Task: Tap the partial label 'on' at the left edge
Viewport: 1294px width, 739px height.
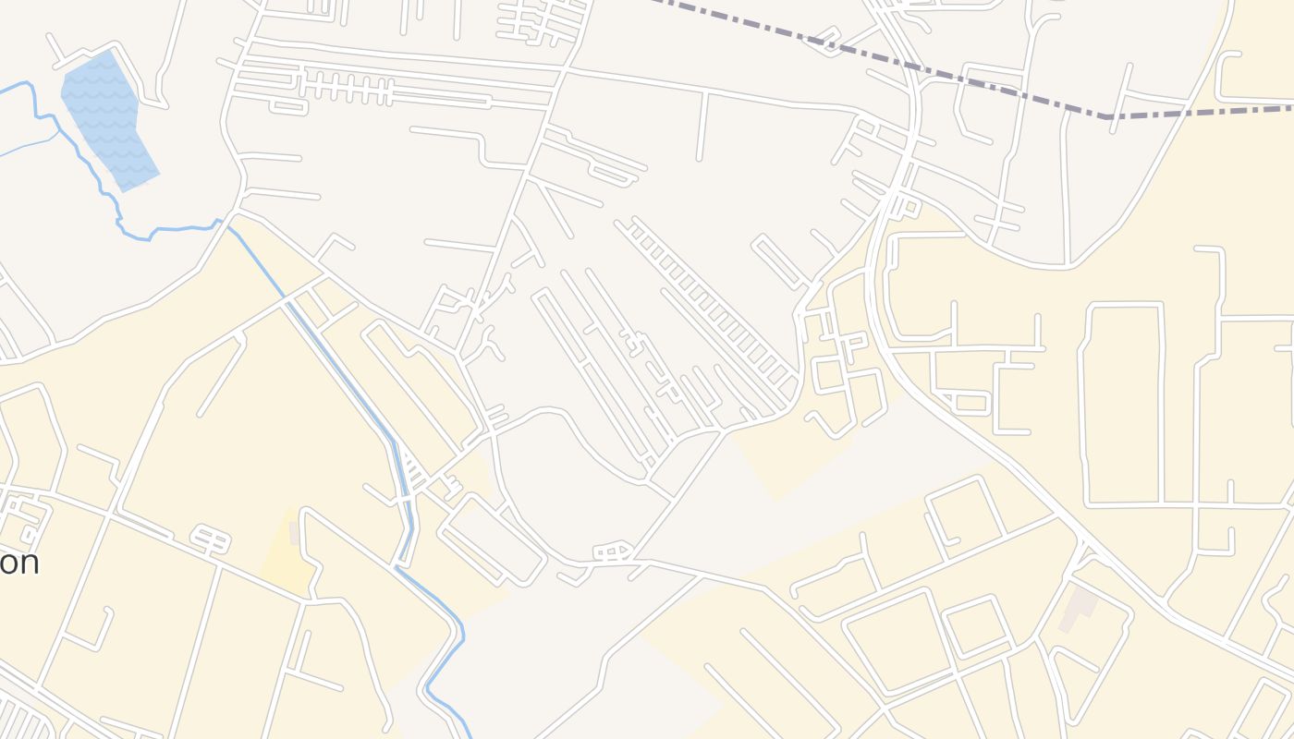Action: (18, 562)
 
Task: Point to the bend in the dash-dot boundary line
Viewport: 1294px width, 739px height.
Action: (1106, 117)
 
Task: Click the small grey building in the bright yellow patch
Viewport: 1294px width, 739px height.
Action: (294, 533)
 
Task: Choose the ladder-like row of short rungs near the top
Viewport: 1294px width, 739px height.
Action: (347, 90)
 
